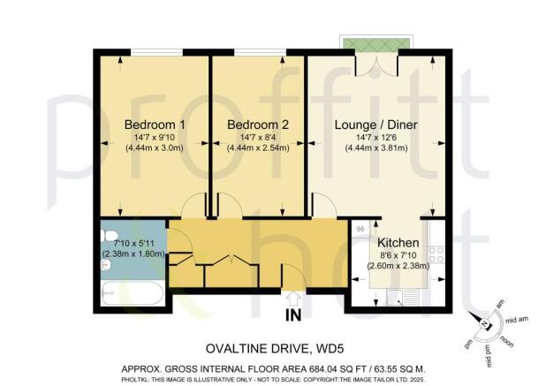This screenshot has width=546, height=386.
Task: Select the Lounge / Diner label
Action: click(x=376, y=124)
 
